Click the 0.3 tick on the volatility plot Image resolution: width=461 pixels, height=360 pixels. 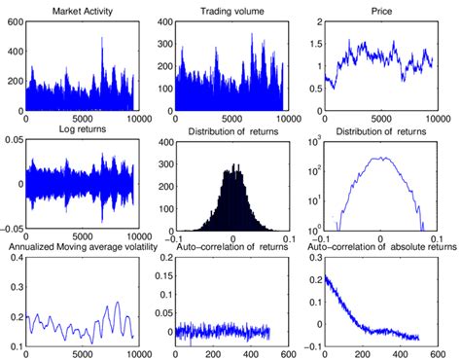pyautogui.click(x=15, y=258)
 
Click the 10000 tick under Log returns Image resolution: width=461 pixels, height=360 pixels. pyautogui.click(x=130, y=238)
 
